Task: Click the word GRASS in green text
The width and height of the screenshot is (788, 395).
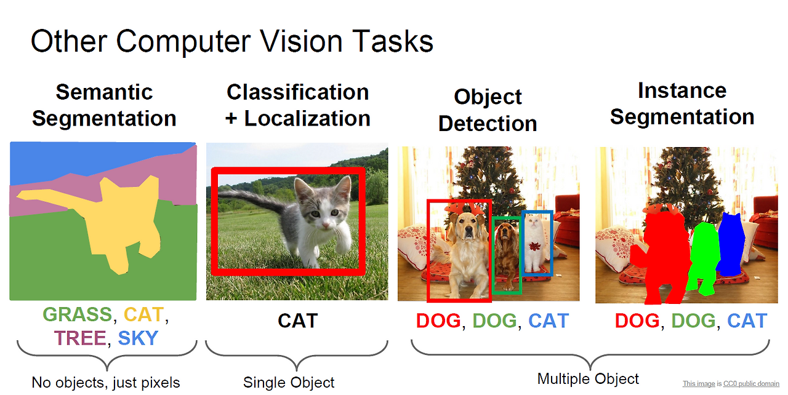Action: coord(78,315)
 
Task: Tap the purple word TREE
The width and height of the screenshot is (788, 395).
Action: coord(79,338)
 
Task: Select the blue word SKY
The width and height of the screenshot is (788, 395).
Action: coord(138,338)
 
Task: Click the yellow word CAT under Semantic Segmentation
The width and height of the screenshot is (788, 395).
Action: coord(143,315)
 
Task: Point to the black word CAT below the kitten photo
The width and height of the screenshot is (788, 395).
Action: coord(297,321)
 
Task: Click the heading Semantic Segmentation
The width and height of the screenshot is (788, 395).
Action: coord(104,105)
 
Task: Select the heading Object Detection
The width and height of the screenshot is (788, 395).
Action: coord(488,110)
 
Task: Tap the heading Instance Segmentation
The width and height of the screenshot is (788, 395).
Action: coord(682,103)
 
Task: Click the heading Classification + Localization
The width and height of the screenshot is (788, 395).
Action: coord(297,105)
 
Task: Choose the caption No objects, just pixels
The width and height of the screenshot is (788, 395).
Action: coord(106,383)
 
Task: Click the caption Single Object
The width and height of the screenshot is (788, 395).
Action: coord(289,383)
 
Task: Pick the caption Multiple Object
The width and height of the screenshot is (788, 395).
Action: coord(588,379)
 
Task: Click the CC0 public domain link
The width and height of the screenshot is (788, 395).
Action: coord(751,384)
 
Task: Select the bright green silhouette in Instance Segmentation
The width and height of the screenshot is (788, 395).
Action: coord(703,255)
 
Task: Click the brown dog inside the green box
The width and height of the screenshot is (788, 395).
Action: coord(507,252)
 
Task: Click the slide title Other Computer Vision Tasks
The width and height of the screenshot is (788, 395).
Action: coord(231,42)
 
